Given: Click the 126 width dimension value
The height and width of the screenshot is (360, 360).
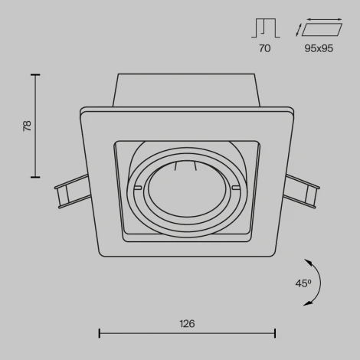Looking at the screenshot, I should coord(188,323).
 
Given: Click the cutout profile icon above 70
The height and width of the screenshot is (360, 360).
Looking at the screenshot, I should coord(264,28).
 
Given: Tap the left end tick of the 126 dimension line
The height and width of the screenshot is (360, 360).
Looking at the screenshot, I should coord(100,333).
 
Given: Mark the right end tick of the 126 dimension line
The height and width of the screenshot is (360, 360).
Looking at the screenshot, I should coord(275,333).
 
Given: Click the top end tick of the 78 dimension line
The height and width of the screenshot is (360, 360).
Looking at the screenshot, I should coord(34,74).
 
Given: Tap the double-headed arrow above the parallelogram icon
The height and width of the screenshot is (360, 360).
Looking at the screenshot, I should coord(322,18).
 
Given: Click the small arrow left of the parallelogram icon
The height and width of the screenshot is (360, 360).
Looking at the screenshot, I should coord(298,31).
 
